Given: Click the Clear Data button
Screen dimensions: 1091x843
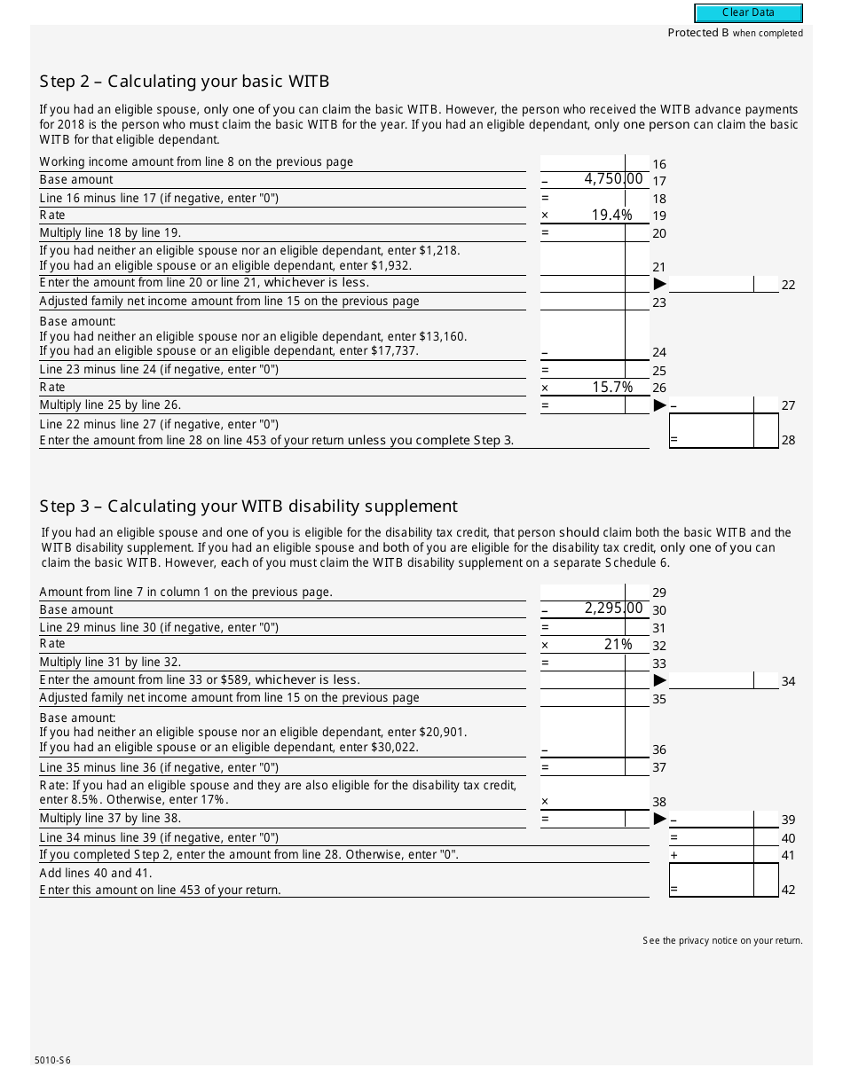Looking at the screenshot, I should pyautogui.click(x=748, y=13).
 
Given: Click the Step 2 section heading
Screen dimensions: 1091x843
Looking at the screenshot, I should pyautogui.click(x=185, y=82).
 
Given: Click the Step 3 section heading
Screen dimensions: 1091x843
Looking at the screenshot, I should pyautogui.click(x=248, y=506).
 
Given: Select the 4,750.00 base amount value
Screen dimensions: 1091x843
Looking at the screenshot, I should pyautogui.click(x=612, y=179).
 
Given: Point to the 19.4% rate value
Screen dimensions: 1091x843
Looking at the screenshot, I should pyautogui.click(x=611, y=215).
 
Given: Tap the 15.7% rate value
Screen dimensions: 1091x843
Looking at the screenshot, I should pyautogui.click(x=611, y=387).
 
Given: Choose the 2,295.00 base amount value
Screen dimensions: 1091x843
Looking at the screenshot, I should pyautogui.click(x=612, y=608).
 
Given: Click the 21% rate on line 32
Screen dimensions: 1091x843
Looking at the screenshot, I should pyautogui.click(x=618, y=644).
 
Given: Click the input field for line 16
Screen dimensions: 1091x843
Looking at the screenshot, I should pyautogui.click(x=595, y=163).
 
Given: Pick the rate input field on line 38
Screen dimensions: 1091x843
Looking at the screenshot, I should pyautogui.click(x=595, y=793).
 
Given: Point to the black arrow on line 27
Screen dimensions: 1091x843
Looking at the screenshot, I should pyautogui.click(x=659, y=405).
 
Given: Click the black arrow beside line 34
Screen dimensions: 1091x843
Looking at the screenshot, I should pyautogui.click(x=659, y=680).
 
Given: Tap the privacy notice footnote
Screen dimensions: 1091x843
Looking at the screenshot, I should pyautogui.click(x=722, y=940).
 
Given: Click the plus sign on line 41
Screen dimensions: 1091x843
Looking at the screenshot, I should pyautogui.click(x=674, y=855).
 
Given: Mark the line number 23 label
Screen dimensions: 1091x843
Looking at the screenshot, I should pyautogui.click(x=659, y=302).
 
